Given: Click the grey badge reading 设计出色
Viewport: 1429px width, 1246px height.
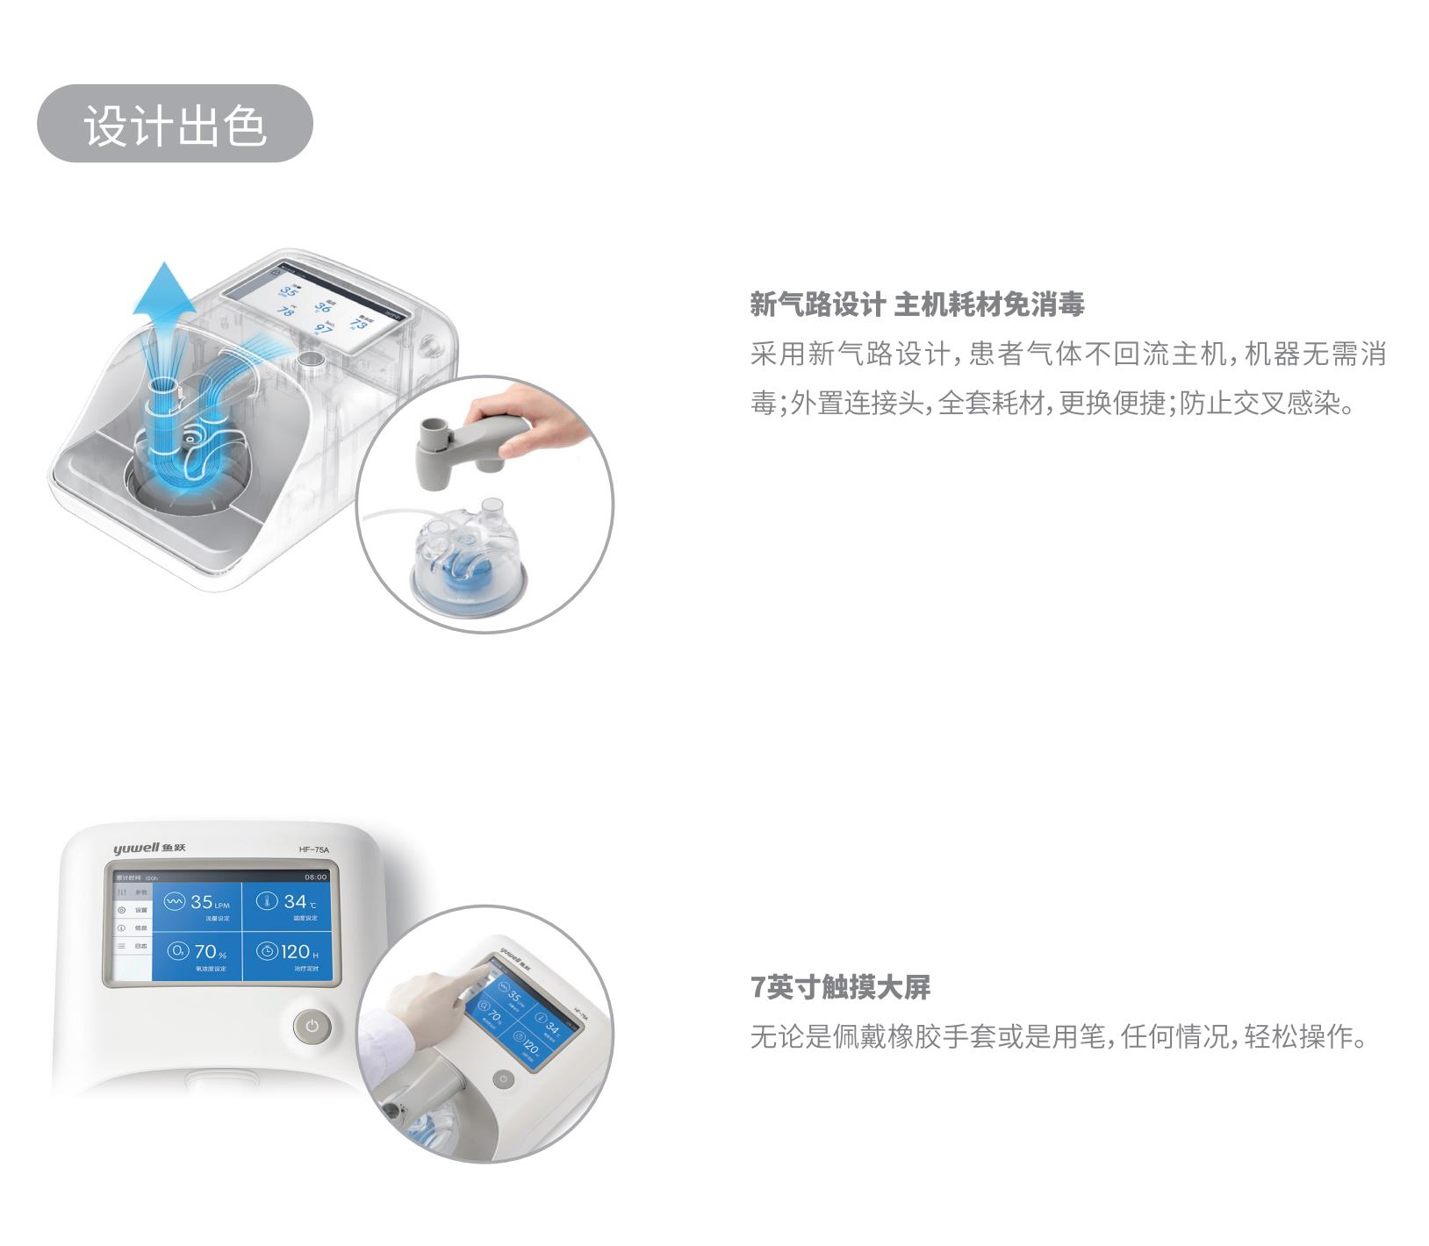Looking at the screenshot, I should click(175, 124).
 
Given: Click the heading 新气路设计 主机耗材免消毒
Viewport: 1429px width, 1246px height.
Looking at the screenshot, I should click(917, 305).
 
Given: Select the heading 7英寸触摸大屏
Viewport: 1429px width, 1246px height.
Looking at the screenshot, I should click(840, 988).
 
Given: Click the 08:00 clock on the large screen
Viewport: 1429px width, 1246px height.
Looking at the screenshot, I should click(315, 877).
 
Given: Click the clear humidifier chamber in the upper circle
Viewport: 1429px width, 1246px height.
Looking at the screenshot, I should click(468, 554).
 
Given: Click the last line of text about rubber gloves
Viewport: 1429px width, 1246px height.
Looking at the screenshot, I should click(1059, 1037).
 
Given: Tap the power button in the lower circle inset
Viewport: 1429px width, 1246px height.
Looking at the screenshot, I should click(503, 1078).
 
